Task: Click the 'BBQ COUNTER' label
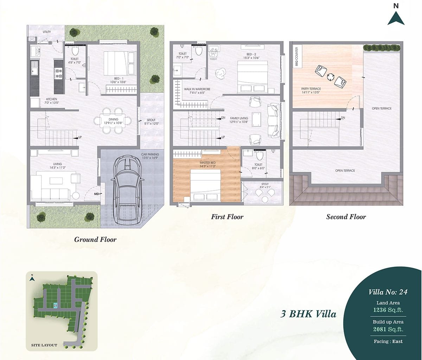[x=297, y=57]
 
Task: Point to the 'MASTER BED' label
[x=207, y=163]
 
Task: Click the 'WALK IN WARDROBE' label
[x=197, y=89]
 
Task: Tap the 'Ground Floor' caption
[x=95, y=239]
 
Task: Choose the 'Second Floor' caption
[x=346, y=217]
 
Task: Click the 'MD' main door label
[x=96, y=194]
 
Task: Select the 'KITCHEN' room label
[x=51, y=99]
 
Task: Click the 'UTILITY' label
[x=47, y=32]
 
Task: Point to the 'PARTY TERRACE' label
[x=311, y=89]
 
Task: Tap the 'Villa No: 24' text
[x=388, y=292]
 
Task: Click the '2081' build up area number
[x=379, y=329]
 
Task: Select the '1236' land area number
[x=379, y=310]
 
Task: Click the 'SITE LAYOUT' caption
[x=44, y=345]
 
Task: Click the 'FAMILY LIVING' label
[x=239, y=118]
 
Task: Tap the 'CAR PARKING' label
[x=150, y=154]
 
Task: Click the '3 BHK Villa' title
[x=308, y=314]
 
